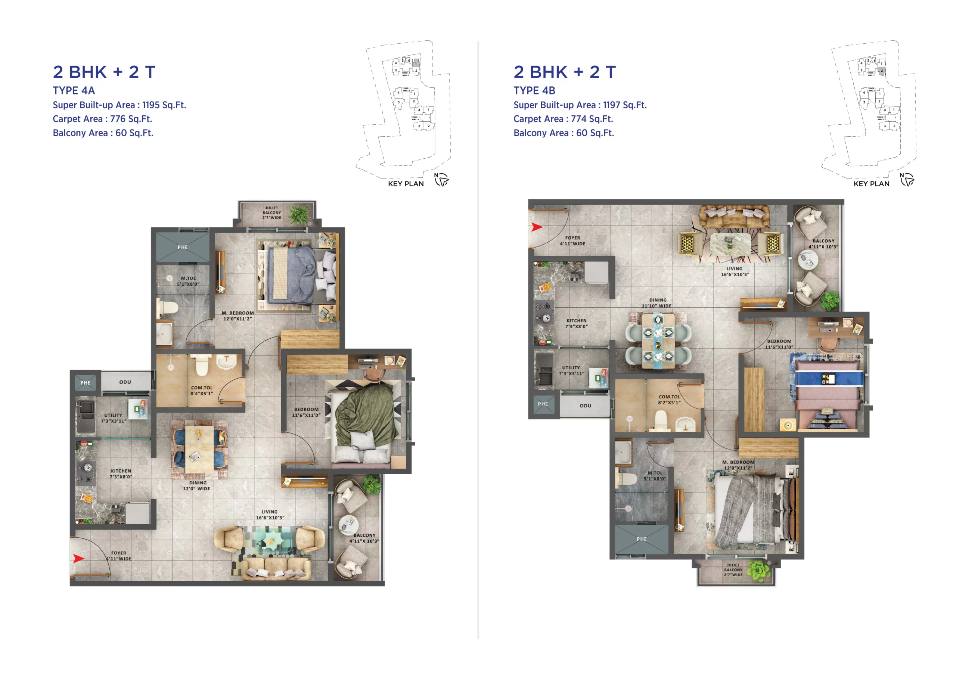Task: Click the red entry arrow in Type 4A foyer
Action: click(x=79, y=558)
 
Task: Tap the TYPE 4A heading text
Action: click(x=74, y=90)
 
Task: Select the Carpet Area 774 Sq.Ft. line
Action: click(x=563, y=119)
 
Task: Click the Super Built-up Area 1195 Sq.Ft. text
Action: click(x=119, y=105)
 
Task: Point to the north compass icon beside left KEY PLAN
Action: click(x=441, y=180)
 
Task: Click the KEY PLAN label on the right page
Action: click(x=871, y=184)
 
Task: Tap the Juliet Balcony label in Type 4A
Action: click(x=272, y=213)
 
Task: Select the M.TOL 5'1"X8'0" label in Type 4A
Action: click(x=188, y=281)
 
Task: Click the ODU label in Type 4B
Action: click(x=586, y=406)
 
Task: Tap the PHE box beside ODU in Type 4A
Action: click(x=86, y=383)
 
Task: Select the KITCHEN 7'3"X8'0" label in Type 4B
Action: click(x=576, y=323)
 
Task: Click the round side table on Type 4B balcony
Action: click(x=808, y=260)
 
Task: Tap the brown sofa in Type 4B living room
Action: click(x=735, y=217)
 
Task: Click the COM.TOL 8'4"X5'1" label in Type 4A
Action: click(x=202, y=390)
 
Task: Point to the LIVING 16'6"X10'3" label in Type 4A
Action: click(x=270, y=515)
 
